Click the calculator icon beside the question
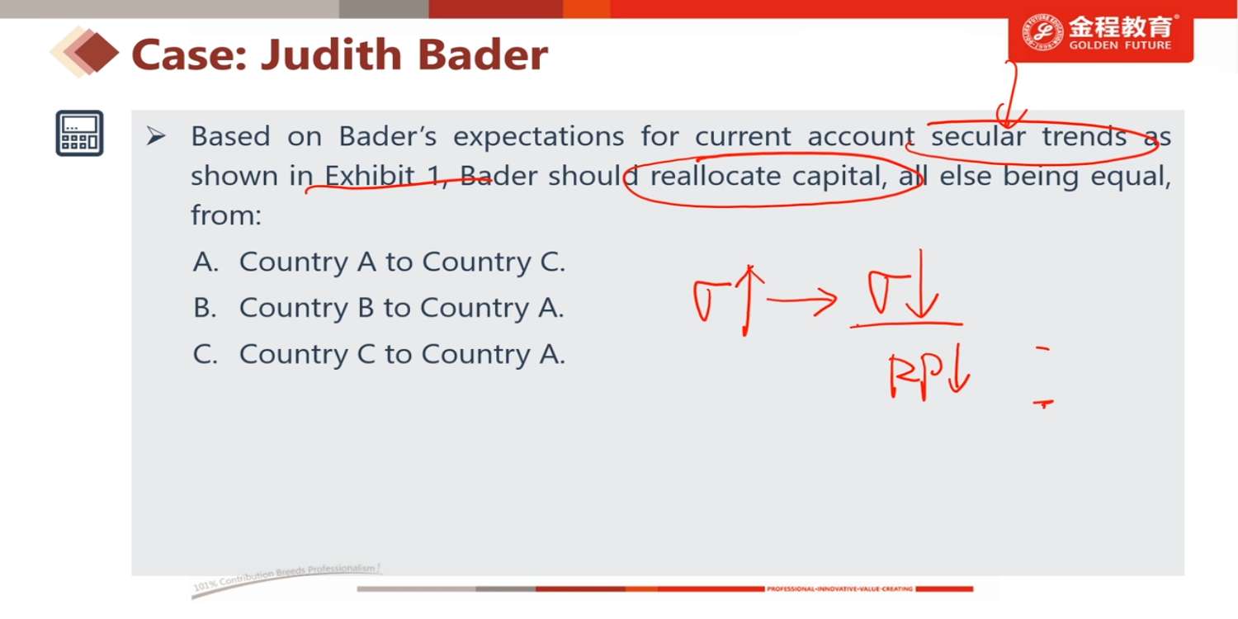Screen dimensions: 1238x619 click(79, 133)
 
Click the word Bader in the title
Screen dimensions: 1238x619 click(483, 54)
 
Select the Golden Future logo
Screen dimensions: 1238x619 click(1100, 35)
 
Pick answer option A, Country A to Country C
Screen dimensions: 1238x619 click(379, 262)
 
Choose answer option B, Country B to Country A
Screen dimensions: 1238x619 click(379, 307)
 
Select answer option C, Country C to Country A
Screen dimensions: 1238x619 click(379, 354)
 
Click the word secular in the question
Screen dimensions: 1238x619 click(978, 136)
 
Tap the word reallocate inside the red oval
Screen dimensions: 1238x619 click(716, 176)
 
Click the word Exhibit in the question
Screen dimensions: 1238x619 click(369, 176)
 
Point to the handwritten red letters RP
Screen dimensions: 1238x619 click(915, 376)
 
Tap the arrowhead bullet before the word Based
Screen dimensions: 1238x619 click(156, 136)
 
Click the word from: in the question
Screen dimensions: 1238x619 click(226, 215)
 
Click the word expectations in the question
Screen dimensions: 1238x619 click(539, 137)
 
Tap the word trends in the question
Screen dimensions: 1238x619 click(1084, 136)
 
